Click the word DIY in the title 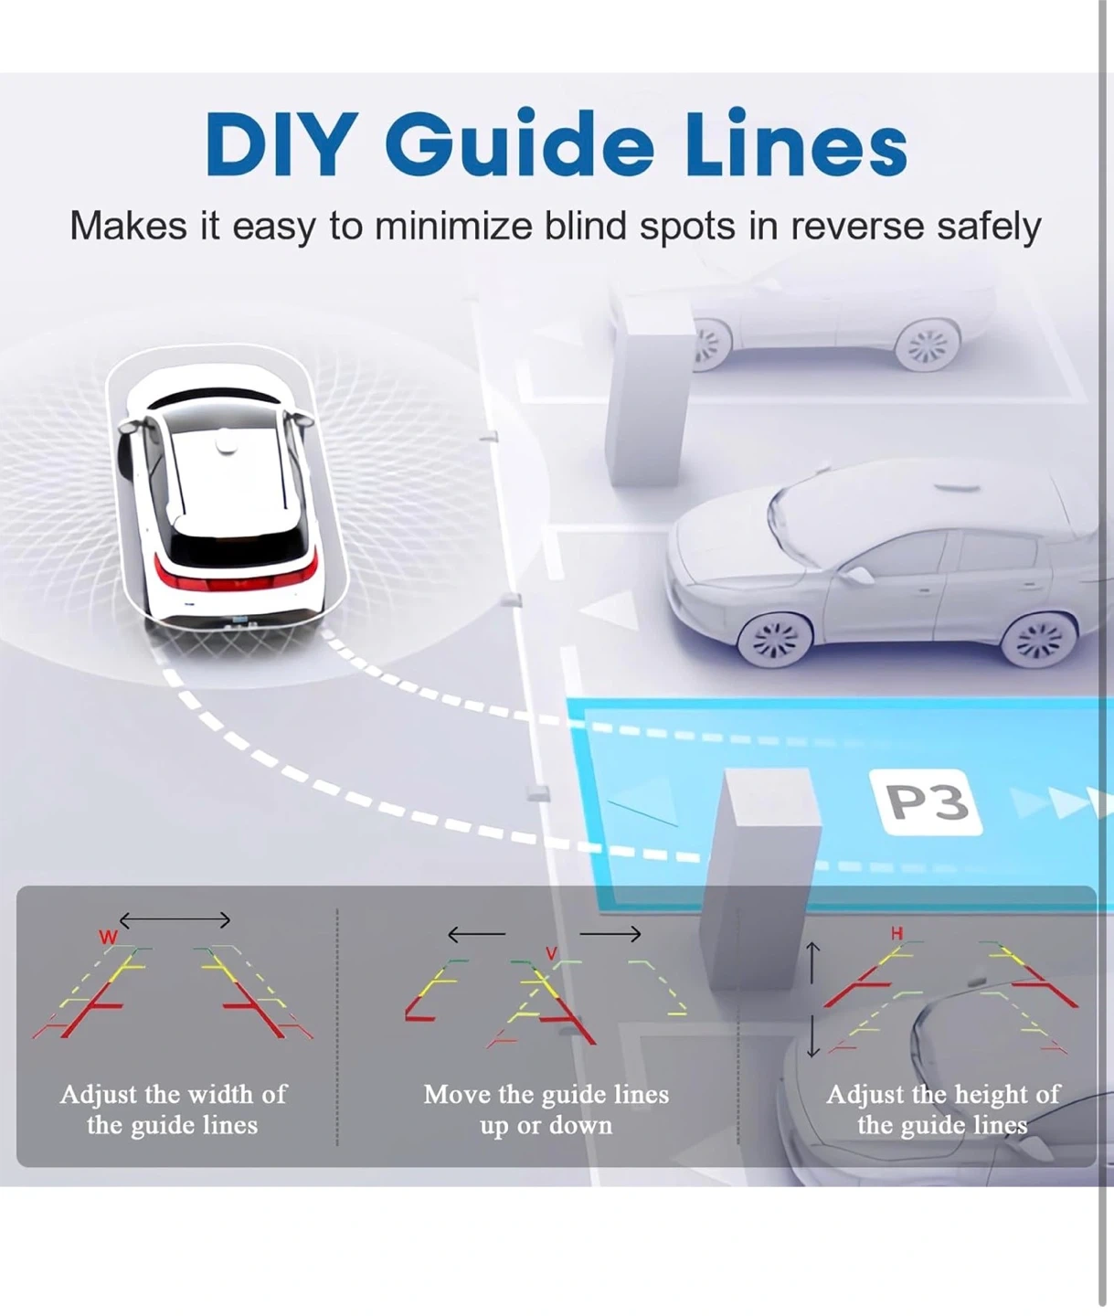coord(279,144)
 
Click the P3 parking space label coord(928,802)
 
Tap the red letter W coord(108,937)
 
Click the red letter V coord(551,953)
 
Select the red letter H coord(897,933)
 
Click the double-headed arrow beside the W coord(175,919)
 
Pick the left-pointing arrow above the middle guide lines coord(476,934)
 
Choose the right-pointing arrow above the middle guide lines coord(610,933)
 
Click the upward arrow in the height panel coord(812,963)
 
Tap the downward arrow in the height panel coord(812,1038)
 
